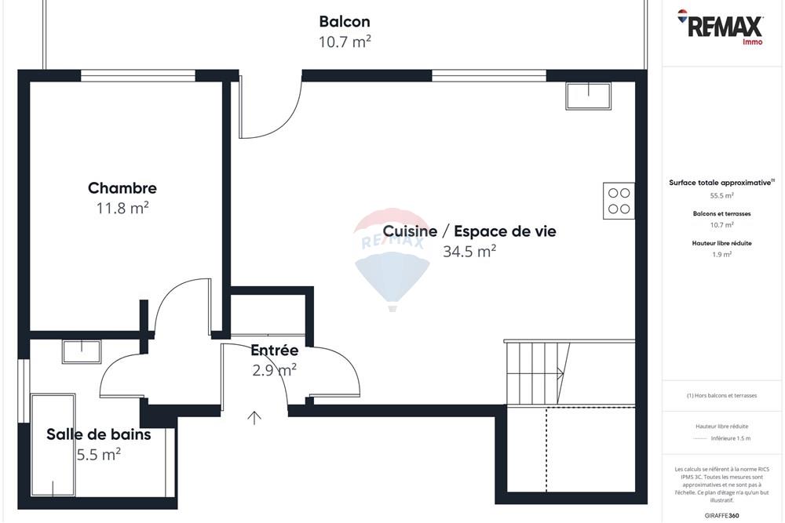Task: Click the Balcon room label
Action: [344, 22]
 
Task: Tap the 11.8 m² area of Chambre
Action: [122, 208]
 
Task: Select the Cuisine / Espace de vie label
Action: [469, 231]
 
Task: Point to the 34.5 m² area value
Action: [469, 252]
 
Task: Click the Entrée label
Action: [274, 350]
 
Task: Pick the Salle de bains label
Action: [98, 434]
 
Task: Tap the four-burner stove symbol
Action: [619, 201]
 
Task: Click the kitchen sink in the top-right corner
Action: [588, 96]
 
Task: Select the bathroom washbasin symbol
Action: [80, 351]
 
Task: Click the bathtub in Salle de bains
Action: [53, 445]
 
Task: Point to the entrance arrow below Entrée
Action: [254, 417]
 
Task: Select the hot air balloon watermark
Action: [392, 259]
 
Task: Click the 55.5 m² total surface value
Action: [722, 196]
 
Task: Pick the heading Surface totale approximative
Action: [721, 182]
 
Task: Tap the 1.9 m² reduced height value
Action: [722, 254]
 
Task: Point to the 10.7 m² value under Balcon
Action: [344, 42]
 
